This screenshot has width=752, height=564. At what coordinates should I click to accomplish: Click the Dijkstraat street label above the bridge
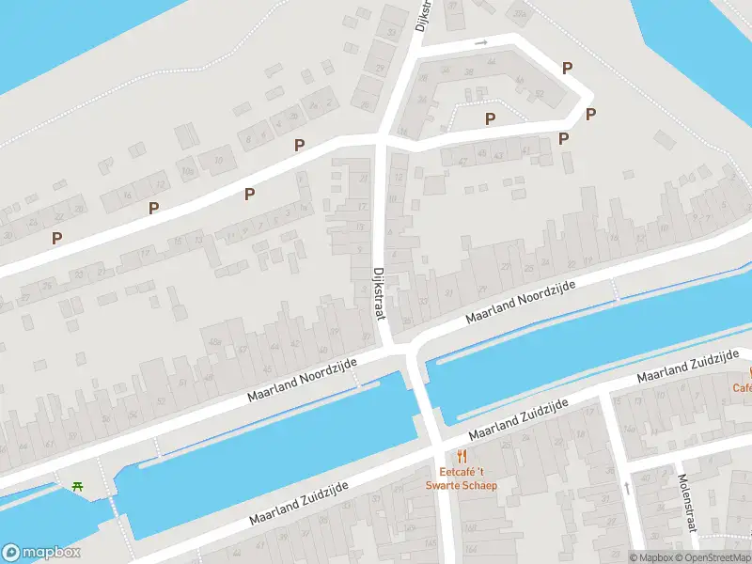[380, 293]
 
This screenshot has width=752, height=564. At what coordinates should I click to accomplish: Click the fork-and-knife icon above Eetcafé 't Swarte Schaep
[461, 458]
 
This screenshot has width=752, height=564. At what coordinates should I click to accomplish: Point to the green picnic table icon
[76, 486]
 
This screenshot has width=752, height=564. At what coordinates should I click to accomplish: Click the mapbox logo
[40, 553]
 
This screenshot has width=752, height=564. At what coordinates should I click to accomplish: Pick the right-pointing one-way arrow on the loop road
[481, 42]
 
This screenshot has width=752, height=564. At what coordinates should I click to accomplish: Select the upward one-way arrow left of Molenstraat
[627, 488]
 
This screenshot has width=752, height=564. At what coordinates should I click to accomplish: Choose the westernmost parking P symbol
[57, 239]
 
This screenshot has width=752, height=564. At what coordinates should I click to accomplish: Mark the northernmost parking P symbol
[567, 68]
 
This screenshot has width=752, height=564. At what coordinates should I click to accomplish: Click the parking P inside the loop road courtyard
[490, 118]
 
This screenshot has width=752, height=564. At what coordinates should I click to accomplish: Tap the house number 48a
[214, 339]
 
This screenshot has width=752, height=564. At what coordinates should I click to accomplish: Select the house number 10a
[188, 171]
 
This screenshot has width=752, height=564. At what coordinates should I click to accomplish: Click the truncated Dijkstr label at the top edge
[424, 15]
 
